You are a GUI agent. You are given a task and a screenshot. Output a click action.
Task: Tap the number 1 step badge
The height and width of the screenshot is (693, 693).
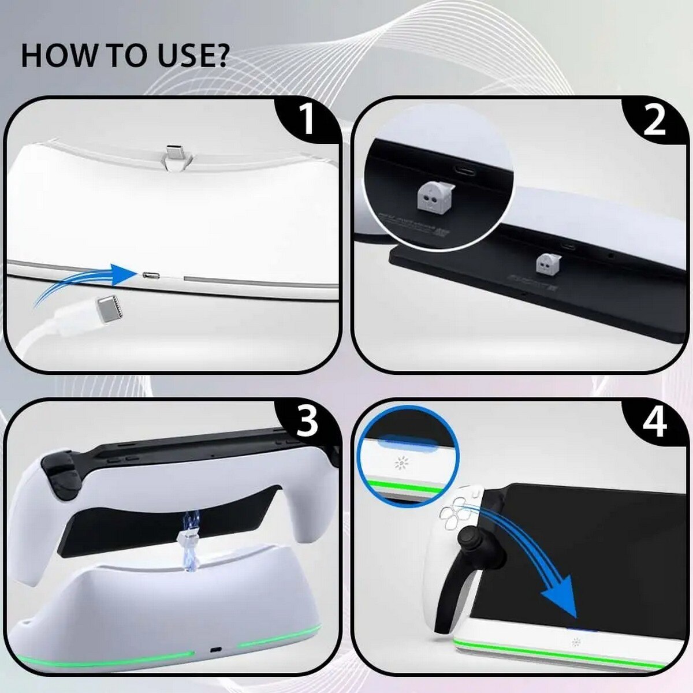pos(307,119)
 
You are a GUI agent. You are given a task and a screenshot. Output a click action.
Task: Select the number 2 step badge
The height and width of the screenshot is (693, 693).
pos(654,120)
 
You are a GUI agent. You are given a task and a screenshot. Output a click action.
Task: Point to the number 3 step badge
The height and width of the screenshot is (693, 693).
pos(307,422)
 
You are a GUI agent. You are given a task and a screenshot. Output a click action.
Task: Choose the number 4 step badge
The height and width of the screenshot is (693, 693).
pos(654,422)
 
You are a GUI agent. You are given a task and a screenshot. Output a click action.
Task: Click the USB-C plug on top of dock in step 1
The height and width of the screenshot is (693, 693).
pos(173,154)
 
